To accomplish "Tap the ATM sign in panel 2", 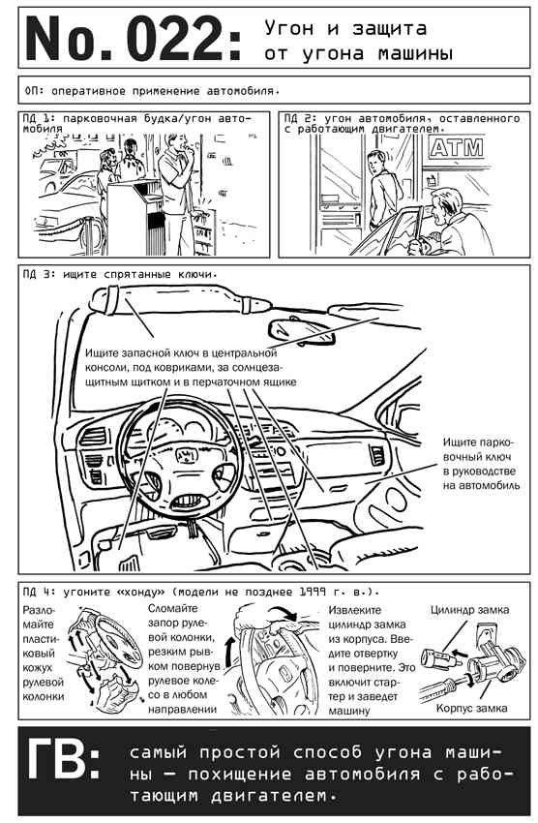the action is pos(456,147).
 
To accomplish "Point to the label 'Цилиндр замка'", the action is pos(470,609).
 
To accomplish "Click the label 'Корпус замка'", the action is pos(471,708).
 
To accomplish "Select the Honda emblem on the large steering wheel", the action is pos(184,455).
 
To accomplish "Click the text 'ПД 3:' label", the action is pos(40,275).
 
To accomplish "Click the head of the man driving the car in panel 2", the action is pos(447,204).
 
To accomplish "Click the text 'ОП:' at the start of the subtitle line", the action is pos(35,91).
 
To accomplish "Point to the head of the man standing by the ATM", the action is pos(377,161).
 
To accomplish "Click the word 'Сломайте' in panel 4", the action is pos(173,608).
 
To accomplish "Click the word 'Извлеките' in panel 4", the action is pos(355,610).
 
